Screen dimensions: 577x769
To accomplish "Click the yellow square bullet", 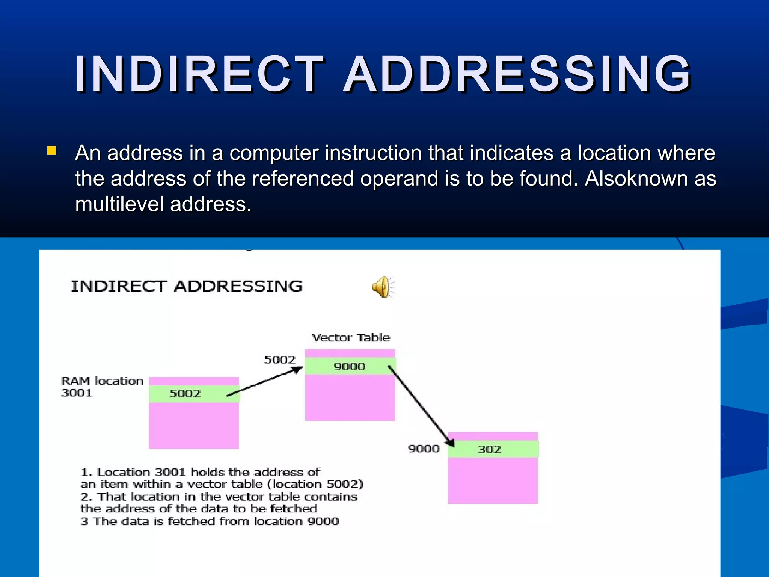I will (x=52, y=151).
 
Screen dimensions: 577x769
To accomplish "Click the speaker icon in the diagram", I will (x=383, y=287).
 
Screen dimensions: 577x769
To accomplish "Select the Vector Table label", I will (x=351, y=338).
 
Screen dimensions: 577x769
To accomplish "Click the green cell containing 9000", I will (x=350, y=366).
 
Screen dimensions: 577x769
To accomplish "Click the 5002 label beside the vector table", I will (x=280, y=360).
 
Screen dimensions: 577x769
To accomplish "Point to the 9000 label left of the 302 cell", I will (x=424, y=449).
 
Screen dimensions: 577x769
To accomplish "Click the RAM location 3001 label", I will (x=102, y=387).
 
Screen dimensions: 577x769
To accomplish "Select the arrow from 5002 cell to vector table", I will (x=265, y=381).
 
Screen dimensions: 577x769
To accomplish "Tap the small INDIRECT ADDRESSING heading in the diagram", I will (x=187, y=286).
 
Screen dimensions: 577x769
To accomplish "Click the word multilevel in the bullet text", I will (x=120, y=205).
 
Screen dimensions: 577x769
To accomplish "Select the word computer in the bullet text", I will (x=273, y=153).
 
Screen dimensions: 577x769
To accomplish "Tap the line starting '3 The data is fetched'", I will (x=210, y=521).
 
